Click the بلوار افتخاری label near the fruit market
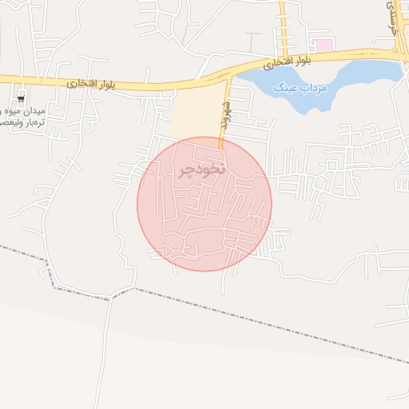[x=81, y=81]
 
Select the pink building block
[x=323, y=46]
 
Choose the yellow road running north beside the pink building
[x=283, y=28]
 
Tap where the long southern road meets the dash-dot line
[x=111, y=294]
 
